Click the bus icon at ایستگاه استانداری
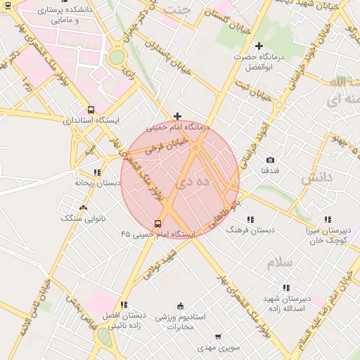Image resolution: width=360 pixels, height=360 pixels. [91, 110]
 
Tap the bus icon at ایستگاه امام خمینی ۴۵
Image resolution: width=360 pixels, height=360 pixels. [157, 223]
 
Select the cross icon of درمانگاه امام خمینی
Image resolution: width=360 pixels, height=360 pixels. [177, 117]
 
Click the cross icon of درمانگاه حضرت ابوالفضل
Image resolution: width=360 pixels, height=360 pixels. [259, 46]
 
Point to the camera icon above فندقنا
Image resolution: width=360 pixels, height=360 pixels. [271, 160]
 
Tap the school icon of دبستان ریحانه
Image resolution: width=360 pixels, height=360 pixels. [97, 172]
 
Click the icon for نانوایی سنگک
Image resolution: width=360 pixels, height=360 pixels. [84, 207]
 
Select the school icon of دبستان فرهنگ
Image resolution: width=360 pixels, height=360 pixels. [251, 220]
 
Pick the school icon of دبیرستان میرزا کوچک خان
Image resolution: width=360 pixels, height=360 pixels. [328, 220]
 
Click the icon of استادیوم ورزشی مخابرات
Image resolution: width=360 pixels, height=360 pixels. [181, 306]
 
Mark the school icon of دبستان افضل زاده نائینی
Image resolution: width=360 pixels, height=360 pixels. [124, 304]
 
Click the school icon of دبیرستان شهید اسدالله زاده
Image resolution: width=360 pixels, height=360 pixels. [285, 288]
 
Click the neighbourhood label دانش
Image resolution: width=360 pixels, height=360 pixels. [316, 179]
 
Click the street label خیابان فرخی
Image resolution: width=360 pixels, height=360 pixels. [167, 146]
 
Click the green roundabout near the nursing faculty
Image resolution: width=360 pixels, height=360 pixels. [117, 56]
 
